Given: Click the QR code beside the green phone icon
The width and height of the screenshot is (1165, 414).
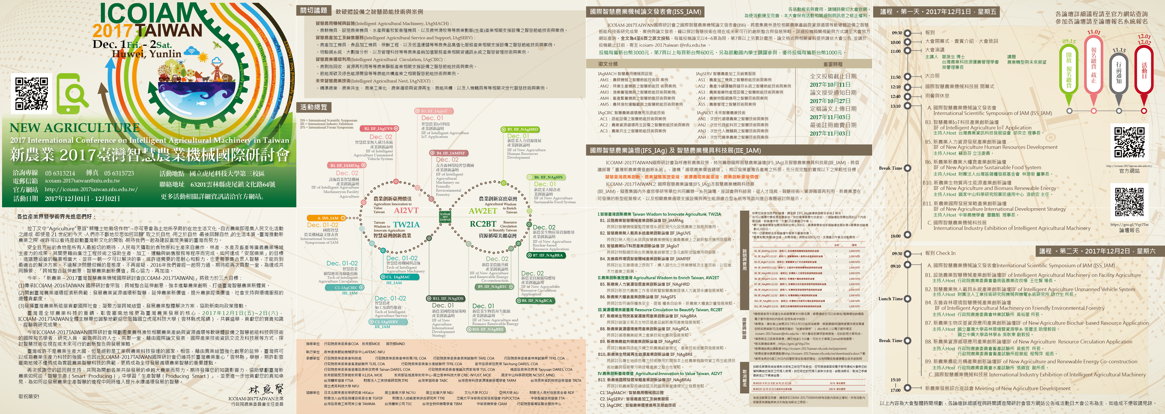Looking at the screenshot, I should (31, 93).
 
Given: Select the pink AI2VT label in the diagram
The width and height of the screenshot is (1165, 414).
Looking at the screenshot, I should (406, 211).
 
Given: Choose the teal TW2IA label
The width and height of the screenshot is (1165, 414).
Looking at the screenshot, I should (406, 225).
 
